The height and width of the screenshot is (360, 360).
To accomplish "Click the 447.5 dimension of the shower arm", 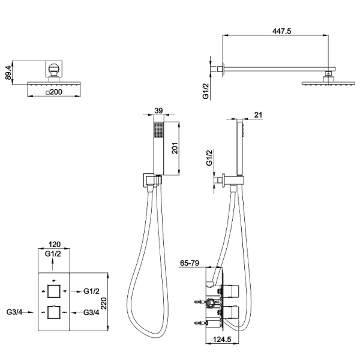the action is coord(281,31).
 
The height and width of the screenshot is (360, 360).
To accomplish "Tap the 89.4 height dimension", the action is coord(8,73).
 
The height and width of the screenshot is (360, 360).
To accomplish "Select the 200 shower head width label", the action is coord(54,92).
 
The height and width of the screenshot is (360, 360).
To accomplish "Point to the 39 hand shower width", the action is coord(158,110).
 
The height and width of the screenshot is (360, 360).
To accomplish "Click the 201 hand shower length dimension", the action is coord(175,148).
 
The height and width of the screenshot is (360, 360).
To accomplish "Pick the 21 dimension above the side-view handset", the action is coord(258,115).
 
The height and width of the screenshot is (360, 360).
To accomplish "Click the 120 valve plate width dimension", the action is coord(55,244).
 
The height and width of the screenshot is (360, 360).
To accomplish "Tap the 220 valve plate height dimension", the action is coord(104,304).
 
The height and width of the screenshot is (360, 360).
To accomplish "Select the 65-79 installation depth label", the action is coord(190,263).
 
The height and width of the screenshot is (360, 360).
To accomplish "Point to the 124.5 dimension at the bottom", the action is coord(222,339).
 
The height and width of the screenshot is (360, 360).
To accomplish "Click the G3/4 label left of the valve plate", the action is coord(14,312).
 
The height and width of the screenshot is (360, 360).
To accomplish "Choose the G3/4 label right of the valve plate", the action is coord(91,312).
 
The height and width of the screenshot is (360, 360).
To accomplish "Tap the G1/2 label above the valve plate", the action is coord(53,254).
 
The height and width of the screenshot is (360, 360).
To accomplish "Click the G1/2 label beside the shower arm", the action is coord(206,91).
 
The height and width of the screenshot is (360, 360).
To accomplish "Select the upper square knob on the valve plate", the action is coord(54,291).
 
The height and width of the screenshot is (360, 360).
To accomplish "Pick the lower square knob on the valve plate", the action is coord(54,312).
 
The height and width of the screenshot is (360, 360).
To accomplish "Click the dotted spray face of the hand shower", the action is coord(158,130).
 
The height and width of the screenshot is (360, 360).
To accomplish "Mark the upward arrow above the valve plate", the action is coord(53,264).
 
